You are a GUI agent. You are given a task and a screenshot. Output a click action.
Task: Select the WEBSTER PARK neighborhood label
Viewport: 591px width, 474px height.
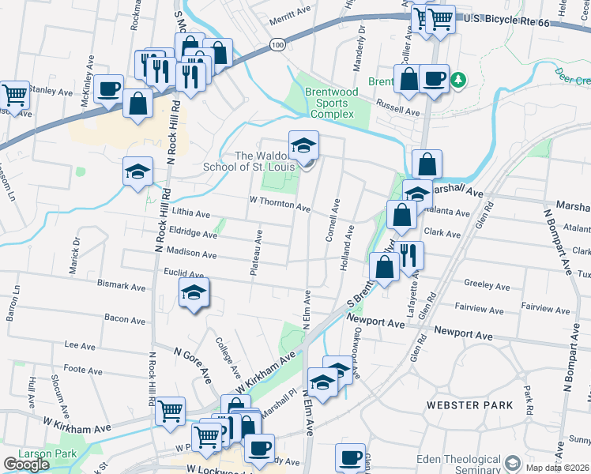coord(469,405)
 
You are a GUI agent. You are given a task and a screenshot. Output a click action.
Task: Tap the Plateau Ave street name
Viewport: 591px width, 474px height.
coord(255,253)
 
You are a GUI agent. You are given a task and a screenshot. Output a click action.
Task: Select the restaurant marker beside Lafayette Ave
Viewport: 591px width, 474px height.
coord(410,255)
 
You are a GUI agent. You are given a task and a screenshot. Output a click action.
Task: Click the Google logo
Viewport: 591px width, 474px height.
coord(27,465)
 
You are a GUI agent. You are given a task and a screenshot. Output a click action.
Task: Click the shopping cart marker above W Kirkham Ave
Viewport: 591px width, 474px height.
coord(171,411)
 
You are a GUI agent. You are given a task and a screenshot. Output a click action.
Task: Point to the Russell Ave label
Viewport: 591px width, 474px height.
coord(397,112)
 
